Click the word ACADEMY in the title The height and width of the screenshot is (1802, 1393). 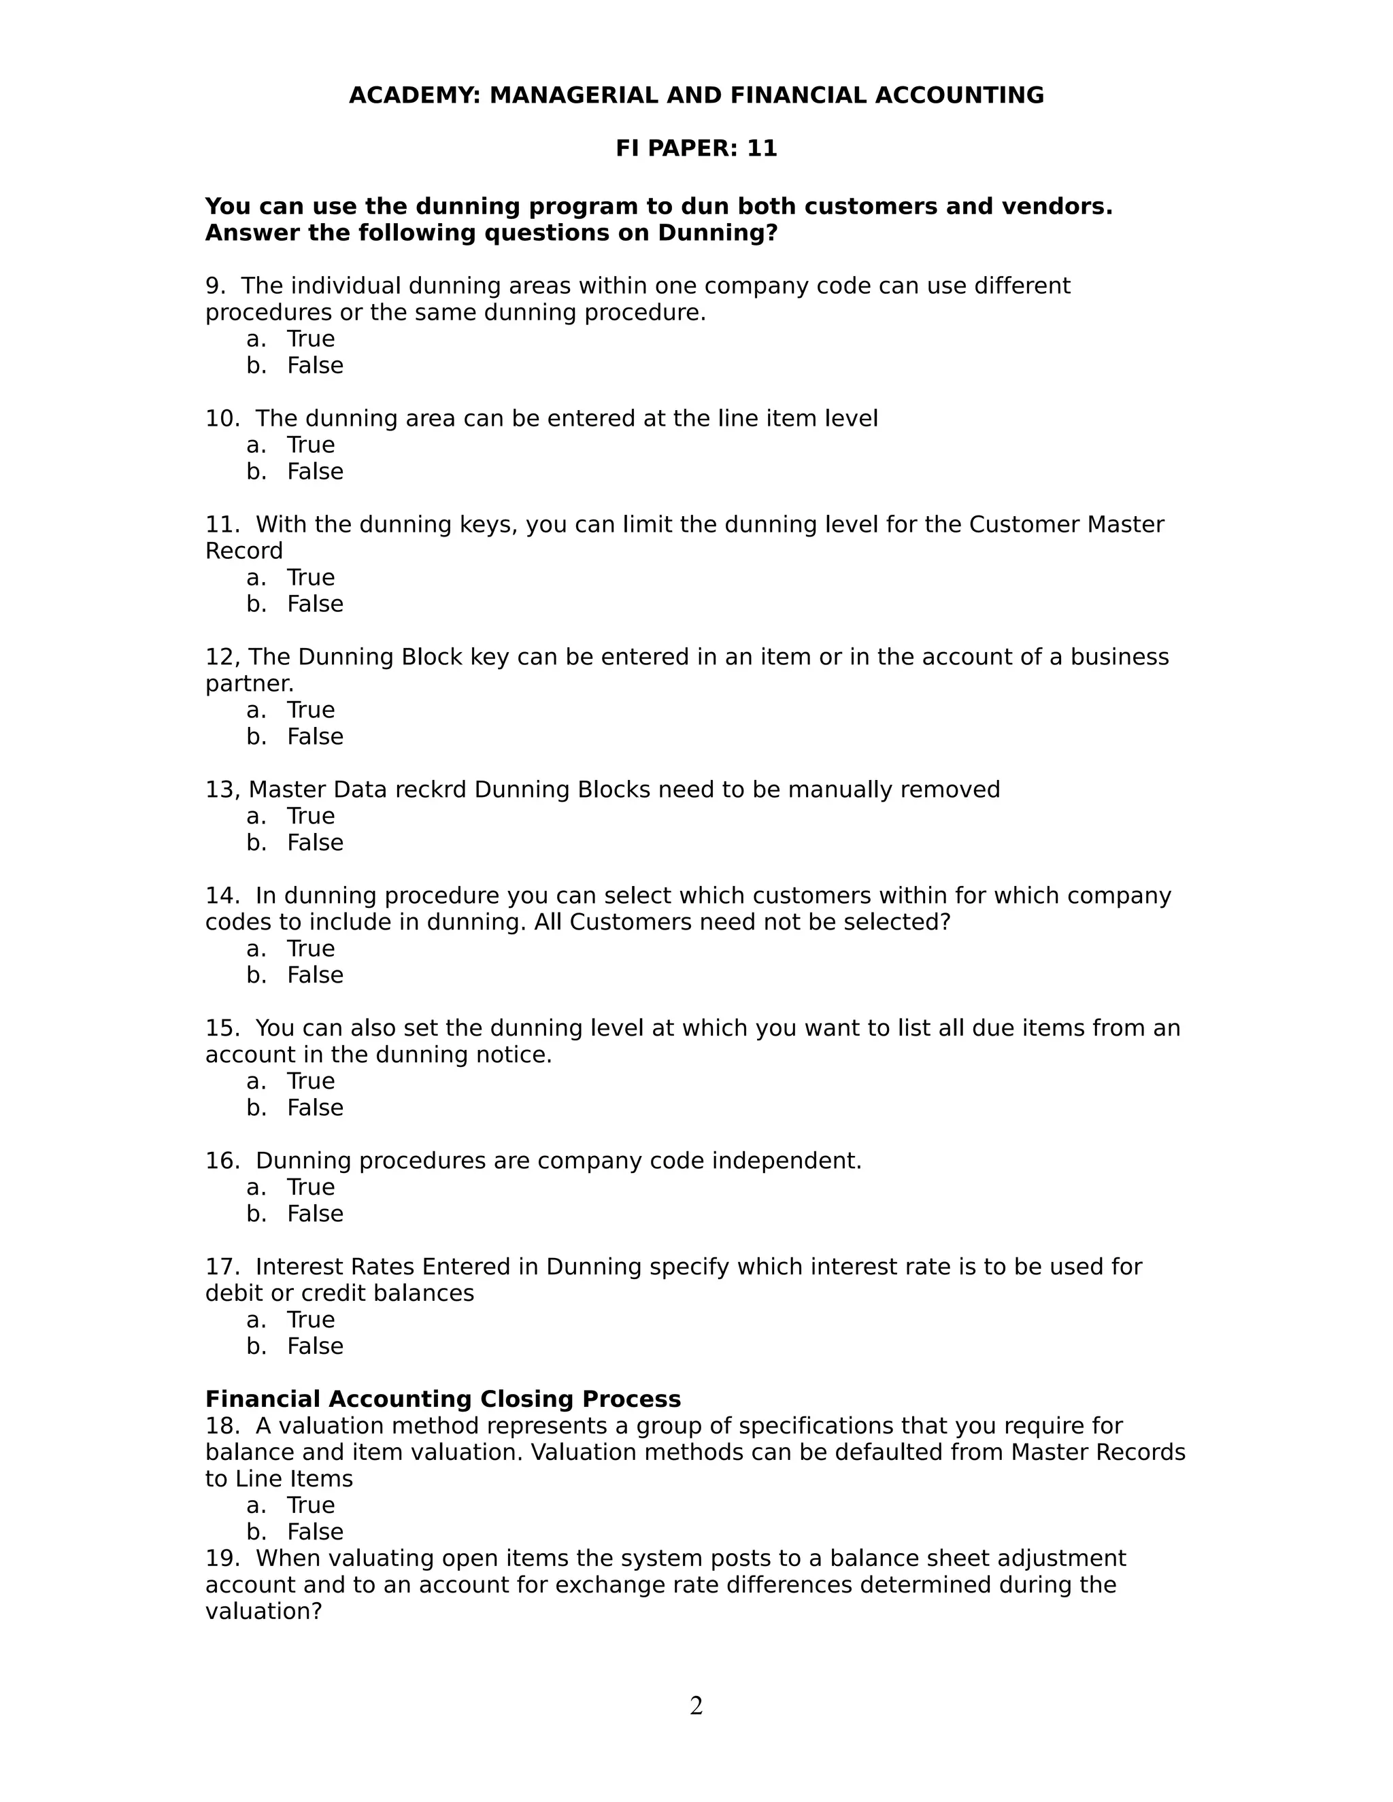414,96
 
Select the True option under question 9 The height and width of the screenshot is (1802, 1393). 310,339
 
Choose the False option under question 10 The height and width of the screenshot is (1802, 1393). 314,472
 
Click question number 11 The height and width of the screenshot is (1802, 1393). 221,525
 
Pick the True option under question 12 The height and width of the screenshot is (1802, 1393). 310,711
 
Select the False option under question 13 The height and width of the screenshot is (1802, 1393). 314,843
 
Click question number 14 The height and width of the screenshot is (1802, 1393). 221,896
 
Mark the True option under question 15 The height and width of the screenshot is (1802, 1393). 310,1082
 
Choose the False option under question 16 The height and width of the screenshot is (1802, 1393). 314,1214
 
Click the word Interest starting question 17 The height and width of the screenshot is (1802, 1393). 299,1267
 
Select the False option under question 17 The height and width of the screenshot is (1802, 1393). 314,1346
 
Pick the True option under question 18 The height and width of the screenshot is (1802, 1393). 310,1505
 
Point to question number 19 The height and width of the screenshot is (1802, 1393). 221,1559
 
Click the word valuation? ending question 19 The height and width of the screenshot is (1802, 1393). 263,1612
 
